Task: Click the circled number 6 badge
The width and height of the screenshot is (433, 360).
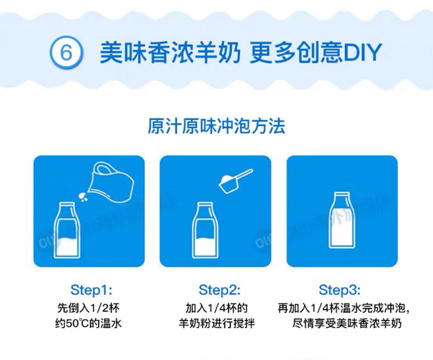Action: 66,52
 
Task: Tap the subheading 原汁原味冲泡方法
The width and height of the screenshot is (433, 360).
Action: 216,126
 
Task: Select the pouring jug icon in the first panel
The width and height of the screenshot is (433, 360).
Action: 111,182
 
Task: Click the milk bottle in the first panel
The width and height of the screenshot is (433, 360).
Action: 67,230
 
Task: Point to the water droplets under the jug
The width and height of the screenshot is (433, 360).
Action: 83,197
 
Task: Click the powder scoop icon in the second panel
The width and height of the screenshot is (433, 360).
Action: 236,181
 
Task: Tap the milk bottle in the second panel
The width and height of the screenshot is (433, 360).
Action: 205,230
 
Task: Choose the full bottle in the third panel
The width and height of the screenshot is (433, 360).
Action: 342,220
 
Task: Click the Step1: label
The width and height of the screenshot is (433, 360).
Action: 91,290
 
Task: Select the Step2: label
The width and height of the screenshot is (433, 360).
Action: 220,290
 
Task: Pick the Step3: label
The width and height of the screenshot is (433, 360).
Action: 339,290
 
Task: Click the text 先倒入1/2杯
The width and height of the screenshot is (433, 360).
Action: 88,308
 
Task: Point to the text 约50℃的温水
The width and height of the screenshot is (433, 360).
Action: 88,323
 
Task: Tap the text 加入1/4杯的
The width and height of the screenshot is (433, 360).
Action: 216,308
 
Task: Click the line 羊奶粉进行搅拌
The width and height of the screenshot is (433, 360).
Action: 216,323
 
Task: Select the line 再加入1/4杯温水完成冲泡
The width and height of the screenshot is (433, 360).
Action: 342,308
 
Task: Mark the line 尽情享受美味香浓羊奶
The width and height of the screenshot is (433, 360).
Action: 347,323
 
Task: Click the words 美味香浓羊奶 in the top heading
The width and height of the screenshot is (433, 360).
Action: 170,53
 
